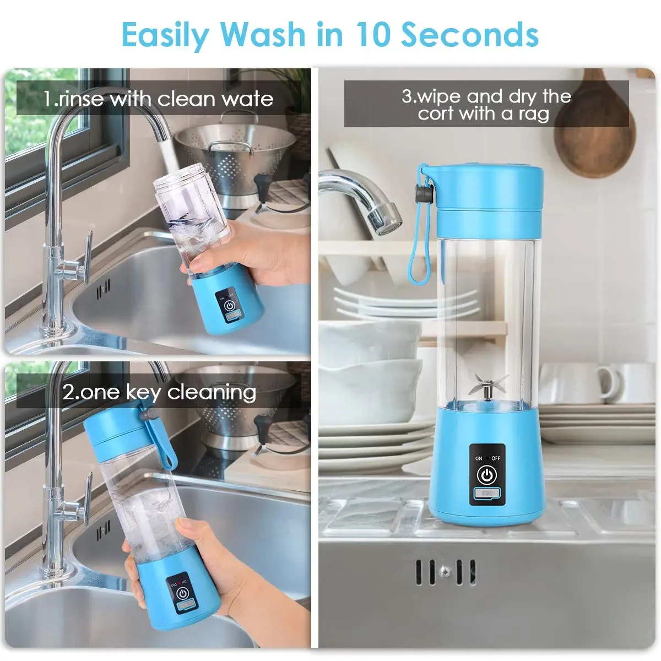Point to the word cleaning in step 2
pos(212,392)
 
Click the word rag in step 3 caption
pos(533,114)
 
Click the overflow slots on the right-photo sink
pos(445,572)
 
